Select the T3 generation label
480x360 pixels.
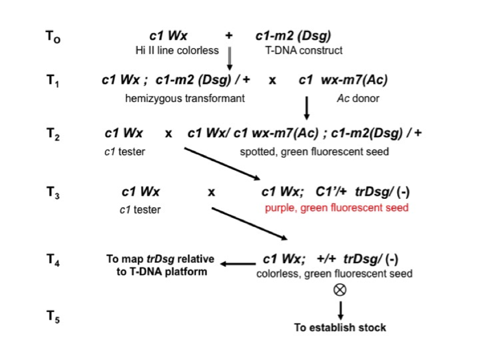click(53, 193)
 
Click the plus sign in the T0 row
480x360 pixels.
click(229, 36)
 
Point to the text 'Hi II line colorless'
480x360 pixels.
click(177, 50)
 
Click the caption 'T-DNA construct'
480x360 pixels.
click(304, 50)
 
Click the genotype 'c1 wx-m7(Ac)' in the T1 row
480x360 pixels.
click(344, 80)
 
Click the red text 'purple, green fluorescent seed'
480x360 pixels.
click(337, 207)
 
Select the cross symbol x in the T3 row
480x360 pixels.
click(211, 193)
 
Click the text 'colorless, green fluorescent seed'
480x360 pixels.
click(335, 274)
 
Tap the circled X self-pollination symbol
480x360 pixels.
click(339, 291)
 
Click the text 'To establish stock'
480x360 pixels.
click(339, 327)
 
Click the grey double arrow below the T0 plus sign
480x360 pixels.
click(230, 56)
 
